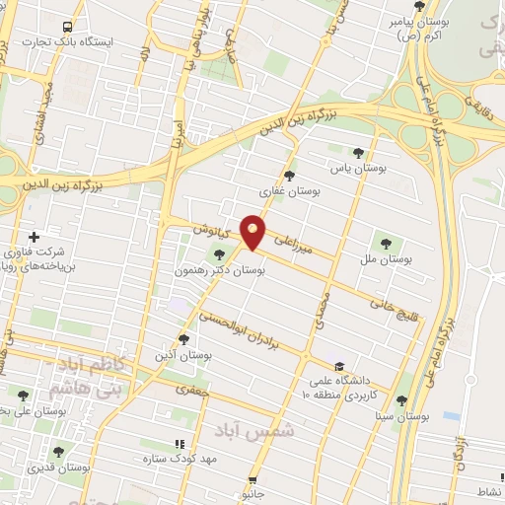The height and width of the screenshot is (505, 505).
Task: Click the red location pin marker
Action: pyautogui.click(x=253, y=232)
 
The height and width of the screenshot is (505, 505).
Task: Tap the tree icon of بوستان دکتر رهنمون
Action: pyautogui.click(x=219, y=254)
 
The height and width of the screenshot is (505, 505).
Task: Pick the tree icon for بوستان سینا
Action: pyautogui.click(x=400, y=400)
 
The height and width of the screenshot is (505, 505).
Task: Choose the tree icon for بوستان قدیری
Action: pyautogui.click(x=58, y=452)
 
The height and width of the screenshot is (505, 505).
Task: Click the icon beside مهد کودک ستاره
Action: pyautogui.click(x=179, y=445)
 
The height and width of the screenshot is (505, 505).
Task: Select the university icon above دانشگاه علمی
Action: pyautogui.click(x=340, y=362)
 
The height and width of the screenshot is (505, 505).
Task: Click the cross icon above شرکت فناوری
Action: pyautogui.click(x=35, y=237)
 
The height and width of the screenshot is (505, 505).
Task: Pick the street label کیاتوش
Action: pyautogui.click(x=209, y=230)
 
